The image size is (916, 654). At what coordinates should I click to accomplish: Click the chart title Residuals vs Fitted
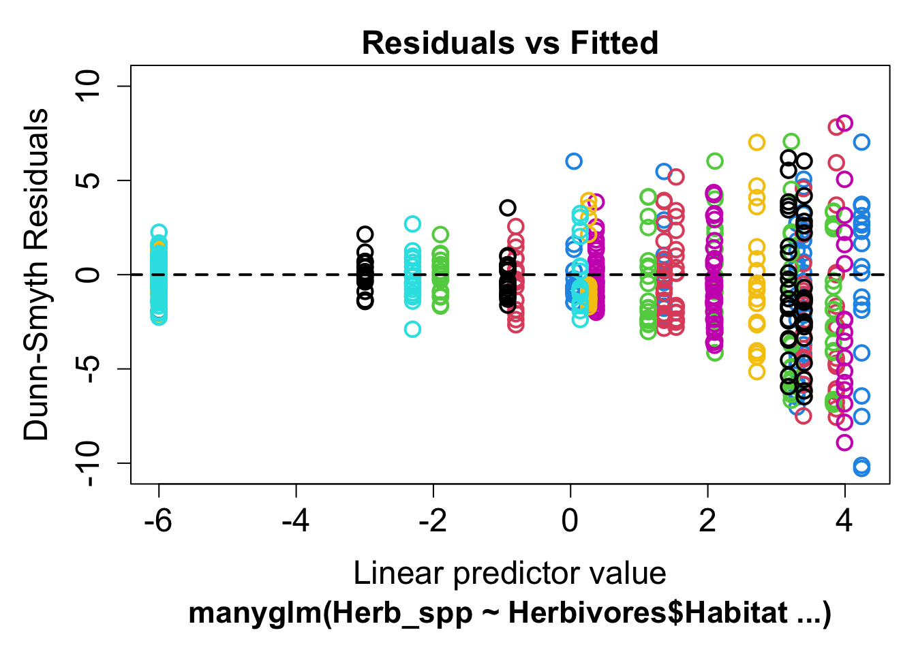[x=510, y=43]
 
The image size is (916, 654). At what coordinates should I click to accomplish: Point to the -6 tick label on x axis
[x=159, y=521]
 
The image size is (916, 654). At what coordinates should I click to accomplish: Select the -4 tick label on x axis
[x=296, y=521]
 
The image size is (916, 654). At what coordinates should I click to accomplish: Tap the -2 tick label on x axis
[x=433, y=521]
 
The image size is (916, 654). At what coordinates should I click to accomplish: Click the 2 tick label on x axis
[x=707, y=521]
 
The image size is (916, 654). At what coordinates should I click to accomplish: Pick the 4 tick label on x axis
[x=844, y=521]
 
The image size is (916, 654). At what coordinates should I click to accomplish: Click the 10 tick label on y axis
[x=89, y=86]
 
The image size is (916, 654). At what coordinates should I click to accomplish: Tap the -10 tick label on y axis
[x=89, y=464]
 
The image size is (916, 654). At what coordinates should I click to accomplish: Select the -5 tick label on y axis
[x=89, y=369]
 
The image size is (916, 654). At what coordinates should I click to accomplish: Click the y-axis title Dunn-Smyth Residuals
[x=37, y=275]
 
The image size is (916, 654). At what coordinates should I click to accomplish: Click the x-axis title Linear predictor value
[x=510, y=574]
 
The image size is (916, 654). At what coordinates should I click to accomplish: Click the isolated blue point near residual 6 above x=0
[x=573, y=161]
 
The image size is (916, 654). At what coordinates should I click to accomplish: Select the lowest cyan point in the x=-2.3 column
[x=412, y=329]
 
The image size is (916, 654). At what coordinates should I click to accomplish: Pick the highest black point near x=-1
[x=507, y=208]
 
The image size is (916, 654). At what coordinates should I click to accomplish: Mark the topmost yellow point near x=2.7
[x=757, y=142]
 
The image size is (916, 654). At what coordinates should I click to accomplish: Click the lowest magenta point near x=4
[x=844, y=442]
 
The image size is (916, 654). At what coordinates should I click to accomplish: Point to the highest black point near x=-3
[x=365, y=234]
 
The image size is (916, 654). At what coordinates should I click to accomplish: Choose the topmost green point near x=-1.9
[x=440, y=234]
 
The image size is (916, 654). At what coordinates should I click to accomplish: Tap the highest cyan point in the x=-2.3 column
[x=412, y=223]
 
